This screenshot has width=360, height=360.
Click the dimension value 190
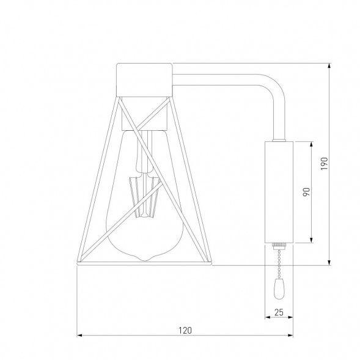click(x=324, y=164)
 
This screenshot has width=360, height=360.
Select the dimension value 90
click(x=306, y=192)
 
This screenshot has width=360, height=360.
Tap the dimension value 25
click(x=279, y=312)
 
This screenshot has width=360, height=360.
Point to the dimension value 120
click(x=185, y=330)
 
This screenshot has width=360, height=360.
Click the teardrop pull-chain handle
click(x=279, y=289)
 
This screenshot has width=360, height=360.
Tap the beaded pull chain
click(x=279, y=264)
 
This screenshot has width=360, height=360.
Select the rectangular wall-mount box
click(x=279, y=192)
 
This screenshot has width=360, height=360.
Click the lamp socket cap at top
click(x=144, y=80)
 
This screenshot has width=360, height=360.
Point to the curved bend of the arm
click(x=276, y=86)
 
